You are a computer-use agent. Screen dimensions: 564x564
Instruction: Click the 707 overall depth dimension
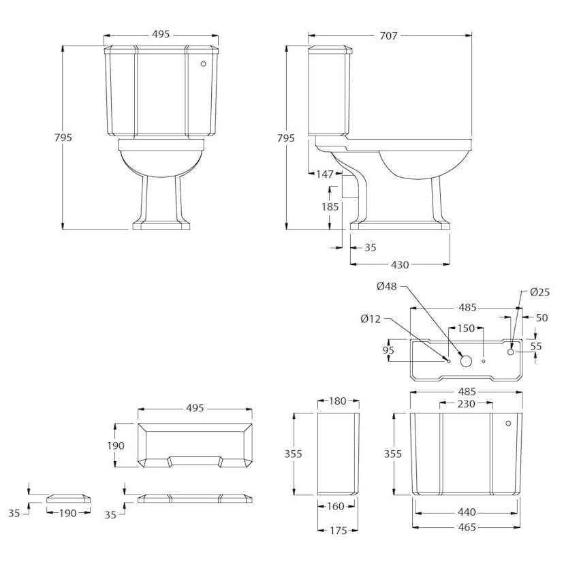pos(388,35)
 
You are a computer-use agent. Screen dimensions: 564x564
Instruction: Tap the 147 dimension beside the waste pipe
pos(325,174)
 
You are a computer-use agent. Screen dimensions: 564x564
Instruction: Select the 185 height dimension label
pos(330,207)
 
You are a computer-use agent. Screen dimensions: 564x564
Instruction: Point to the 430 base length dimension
pos(400,265)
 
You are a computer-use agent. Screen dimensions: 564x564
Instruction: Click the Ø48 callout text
pos(387,286)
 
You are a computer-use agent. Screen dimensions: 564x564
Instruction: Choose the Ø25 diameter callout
pos(540,292)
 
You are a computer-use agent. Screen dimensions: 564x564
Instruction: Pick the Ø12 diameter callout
pos(371,319)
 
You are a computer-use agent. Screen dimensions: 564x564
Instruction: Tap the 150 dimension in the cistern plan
pos(466,328)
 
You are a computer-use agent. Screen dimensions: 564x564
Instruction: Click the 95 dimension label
pos(388,350)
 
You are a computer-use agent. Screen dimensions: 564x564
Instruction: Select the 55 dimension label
pos(536,347)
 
